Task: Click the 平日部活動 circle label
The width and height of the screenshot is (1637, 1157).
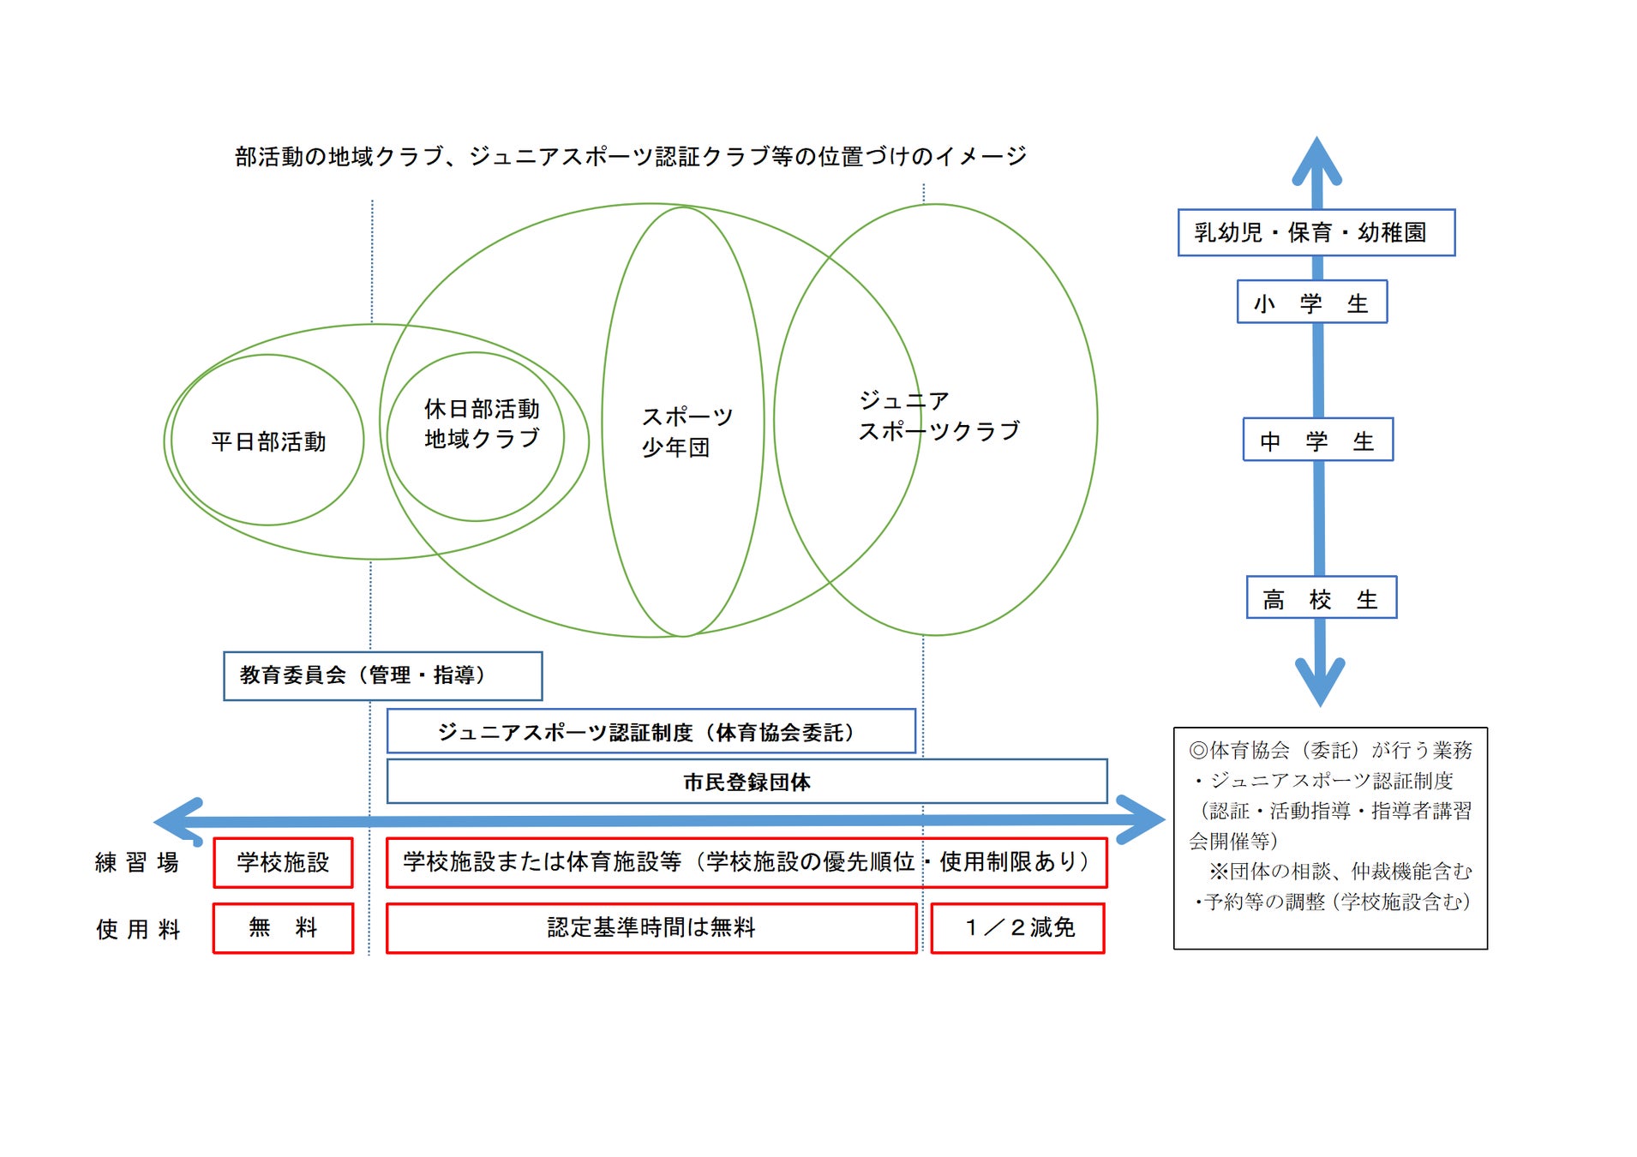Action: (268, 441)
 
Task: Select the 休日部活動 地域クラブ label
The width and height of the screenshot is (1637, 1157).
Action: (482, 423)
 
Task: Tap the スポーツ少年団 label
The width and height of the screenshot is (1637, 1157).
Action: (686, 431)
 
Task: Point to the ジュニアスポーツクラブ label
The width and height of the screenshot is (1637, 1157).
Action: (938, 416)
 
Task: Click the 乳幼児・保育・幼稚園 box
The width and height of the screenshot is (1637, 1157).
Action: (1316, 232)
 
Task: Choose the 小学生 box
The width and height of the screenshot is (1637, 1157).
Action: (1311, 303)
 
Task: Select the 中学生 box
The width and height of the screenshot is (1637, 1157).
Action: (1317, 441)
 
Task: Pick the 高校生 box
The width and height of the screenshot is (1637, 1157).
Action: (1321, 598)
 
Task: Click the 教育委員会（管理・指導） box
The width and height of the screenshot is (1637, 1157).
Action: (382, 675)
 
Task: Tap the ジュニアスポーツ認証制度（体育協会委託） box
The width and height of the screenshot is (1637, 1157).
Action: (651, 732)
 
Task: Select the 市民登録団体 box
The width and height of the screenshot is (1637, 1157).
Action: (747, 781)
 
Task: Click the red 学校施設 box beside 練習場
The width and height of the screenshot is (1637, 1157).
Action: (283, 862)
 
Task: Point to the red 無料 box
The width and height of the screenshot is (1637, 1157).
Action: (283, 927)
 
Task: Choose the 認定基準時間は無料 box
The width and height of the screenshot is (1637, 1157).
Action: (651, 927)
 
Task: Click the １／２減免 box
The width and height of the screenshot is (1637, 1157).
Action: (1018, 927)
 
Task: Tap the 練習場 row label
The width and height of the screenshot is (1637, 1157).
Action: (137, 862)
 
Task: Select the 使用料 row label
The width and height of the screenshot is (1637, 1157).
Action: (137, 929)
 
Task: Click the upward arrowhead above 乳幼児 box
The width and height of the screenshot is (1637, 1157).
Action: (1316, 159)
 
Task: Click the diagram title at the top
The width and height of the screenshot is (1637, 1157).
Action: (630, 156)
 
